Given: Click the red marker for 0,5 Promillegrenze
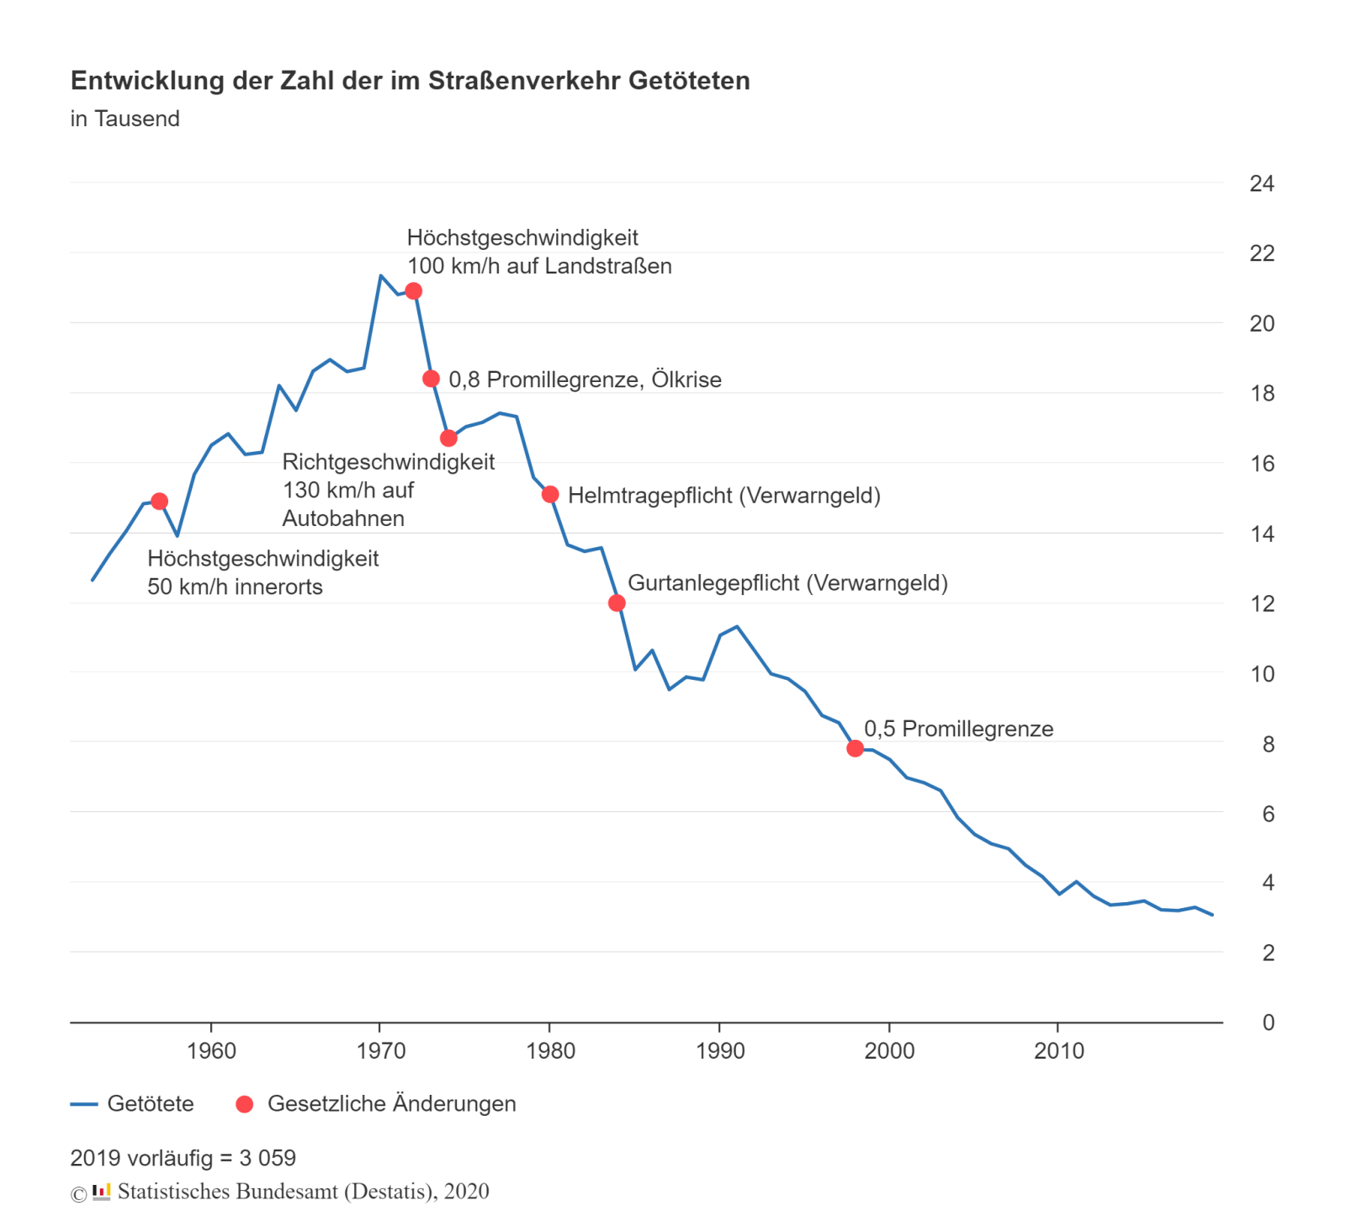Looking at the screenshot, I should (855, 748).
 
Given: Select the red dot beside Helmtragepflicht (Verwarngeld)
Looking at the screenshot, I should (550, 494).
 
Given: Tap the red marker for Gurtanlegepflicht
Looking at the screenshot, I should (617, 603).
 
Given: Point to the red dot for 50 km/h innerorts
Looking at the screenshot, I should (159, 502).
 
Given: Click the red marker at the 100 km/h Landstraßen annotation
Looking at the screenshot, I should (413, 291).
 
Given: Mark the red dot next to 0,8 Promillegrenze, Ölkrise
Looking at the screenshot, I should (431, 379).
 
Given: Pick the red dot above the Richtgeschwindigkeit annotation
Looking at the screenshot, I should (448, 438).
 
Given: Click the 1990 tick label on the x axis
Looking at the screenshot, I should (720, 1051).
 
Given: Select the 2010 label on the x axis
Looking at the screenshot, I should (1058, 1051).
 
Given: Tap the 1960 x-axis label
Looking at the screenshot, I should (211, 1051).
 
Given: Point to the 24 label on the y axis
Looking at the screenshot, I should (1261, 183).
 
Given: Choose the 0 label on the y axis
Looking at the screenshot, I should (1268, 1022).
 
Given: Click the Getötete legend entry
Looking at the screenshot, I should (150, 1104).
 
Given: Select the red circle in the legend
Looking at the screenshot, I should (245, 1104).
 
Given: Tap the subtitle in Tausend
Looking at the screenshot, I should (125, 119).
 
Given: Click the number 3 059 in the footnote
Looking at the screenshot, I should (268, 1158).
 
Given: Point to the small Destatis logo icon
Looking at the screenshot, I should (102, 1192).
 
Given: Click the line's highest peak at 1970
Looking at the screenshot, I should (380, 275).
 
